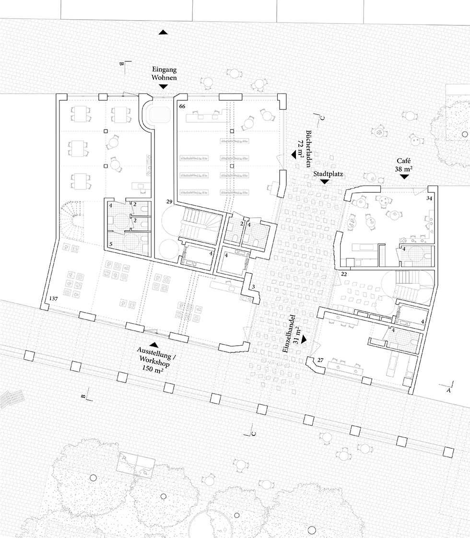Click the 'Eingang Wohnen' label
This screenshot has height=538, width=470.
(x=164, y=73)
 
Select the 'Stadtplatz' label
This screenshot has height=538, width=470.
(x=328, y=174)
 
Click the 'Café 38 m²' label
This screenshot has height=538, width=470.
(x=404, y=164)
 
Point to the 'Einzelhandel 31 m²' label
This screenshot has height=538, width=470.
(x=291, y=333)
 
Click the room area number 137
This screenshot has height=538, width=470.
(x=53, y=299)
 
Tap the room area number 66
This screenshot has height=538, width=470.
(x=182, y=106)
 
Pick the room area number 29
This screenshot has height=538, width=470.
(x=169, y=201)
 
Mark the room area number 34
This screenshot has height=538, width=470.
(x=429, y=199)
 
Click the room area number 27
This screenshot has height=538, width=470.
(x=320, y=360)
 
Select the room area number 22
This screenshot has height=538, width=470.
(x=344, y=274)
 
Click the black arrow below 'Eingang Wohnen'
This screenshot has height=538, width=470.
(x=164, y=87)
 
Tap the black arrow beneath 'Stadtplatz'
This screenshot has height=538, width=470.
(x=325, y=182)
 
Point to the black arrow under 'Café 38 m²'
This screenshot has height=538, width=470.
(x=405, y=176)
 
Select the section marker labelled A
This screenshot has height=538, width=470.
(x=448, y=387)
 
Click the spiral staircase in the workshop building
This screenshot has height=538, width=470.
(x=73, y=217)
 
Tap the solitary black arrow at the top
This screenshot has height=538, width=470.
(x=163, y=32)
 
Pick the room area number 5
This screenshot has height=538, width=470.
(x=111, y=244)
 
